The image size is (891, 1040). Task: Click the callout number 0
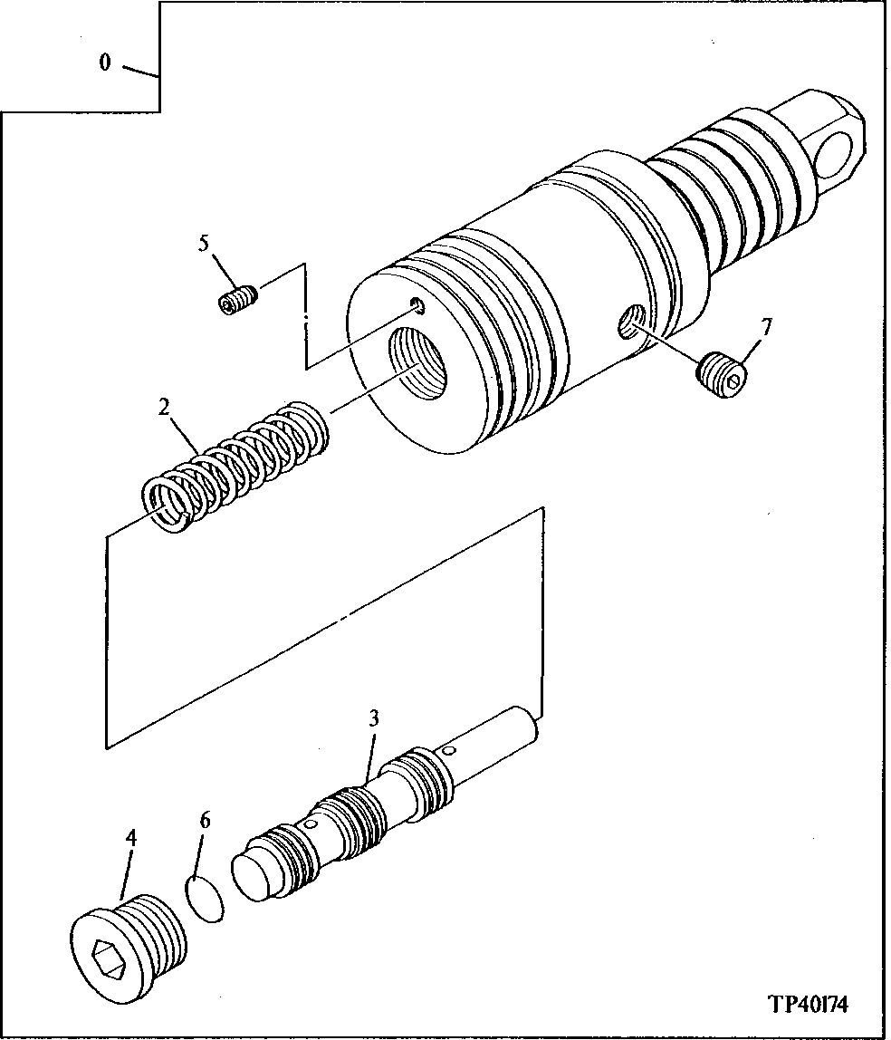pos(105,63)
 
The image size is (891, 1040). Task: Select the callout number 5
pos(204,244)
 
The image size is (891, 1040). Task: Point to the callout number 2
pos(164,407)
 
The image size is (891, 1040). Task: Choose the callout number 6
pos(205,821)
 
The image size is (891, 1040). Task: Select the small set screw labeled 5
pos(238,300)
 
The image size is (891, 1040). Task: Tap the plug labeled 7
pos(725,376)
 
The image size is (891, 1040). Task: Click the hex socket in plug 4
pos(111,956)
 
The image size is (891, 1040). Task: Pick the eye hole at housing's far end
pos(842,149)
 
